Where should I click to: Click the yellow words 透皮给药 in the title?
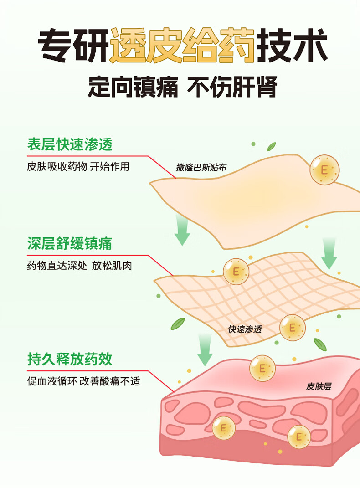(x=182, y=46)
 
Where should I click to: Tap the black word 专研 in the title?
(x=73, y=46)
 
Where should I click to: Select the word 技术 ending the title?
(x=292, y=46)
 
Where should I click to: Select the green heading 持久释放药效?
(x=69, y=359)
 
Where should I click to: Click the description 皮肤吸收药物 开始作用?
(x=78, y=166)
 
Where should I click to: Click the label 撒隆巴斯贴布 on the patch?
(x=201, y=168)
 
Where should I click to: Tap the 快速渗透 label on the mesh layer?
(x=245, y=329)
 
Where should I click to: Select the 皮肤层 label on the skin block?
(x=319, y=386)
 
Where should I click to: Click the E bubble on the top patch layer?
(x=324, y=170)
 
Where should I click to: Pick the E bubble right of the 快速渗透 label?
(x=292, y=327)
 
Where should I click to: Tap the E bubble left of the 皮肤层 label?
(x=262, y=368)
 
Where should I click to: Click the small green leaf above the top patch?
(x=272, y=146)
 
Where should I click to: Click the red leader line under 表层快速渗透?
(x=114, y=156)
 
